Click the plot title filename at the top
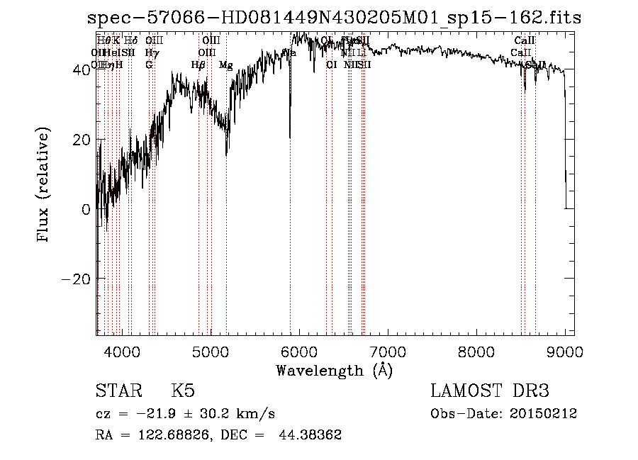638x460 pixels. (333, 18)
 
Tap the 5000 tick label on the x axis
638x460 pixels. (210, 351)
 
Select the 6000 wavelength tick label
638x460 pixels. (298, 351)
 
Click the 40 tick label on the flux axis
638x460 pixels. (82, 69)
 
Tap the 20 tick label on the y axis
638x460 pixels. (82, 140)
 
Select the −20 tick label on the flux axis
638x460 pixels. (77, 279)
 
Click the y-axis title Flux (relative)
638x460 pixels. (45, 186)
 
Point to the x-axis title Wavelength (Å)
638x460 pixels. (335, 370)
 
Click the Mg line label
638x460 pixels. (225, 65)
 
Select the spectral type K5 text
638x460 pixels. (183, 391)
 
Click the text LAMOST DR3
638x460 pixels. (490, 391)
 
